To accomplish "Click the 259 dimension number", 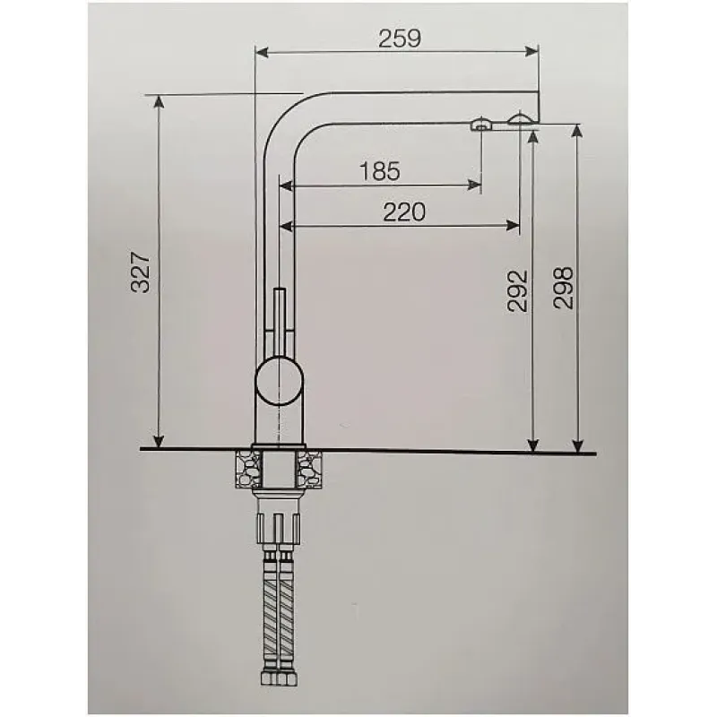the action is click(399, 39).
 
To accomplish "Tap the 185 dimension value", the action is click(379, 171).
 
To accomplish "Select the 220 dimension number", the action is click(404, 212).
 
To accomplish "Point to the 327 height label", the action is click(141, 272).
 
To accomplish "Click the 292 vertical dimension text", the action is click(518, 291).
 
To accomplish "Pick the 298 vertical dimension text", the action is click(563, 288).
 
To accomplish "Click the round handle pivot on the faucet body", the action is click(279, 381).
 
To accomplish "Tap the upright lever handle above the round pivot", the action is click(279, 322).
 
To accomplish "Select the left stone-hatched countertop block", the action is click(248, 469).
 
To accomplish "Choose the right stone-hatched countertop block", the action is click(309, 469).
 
